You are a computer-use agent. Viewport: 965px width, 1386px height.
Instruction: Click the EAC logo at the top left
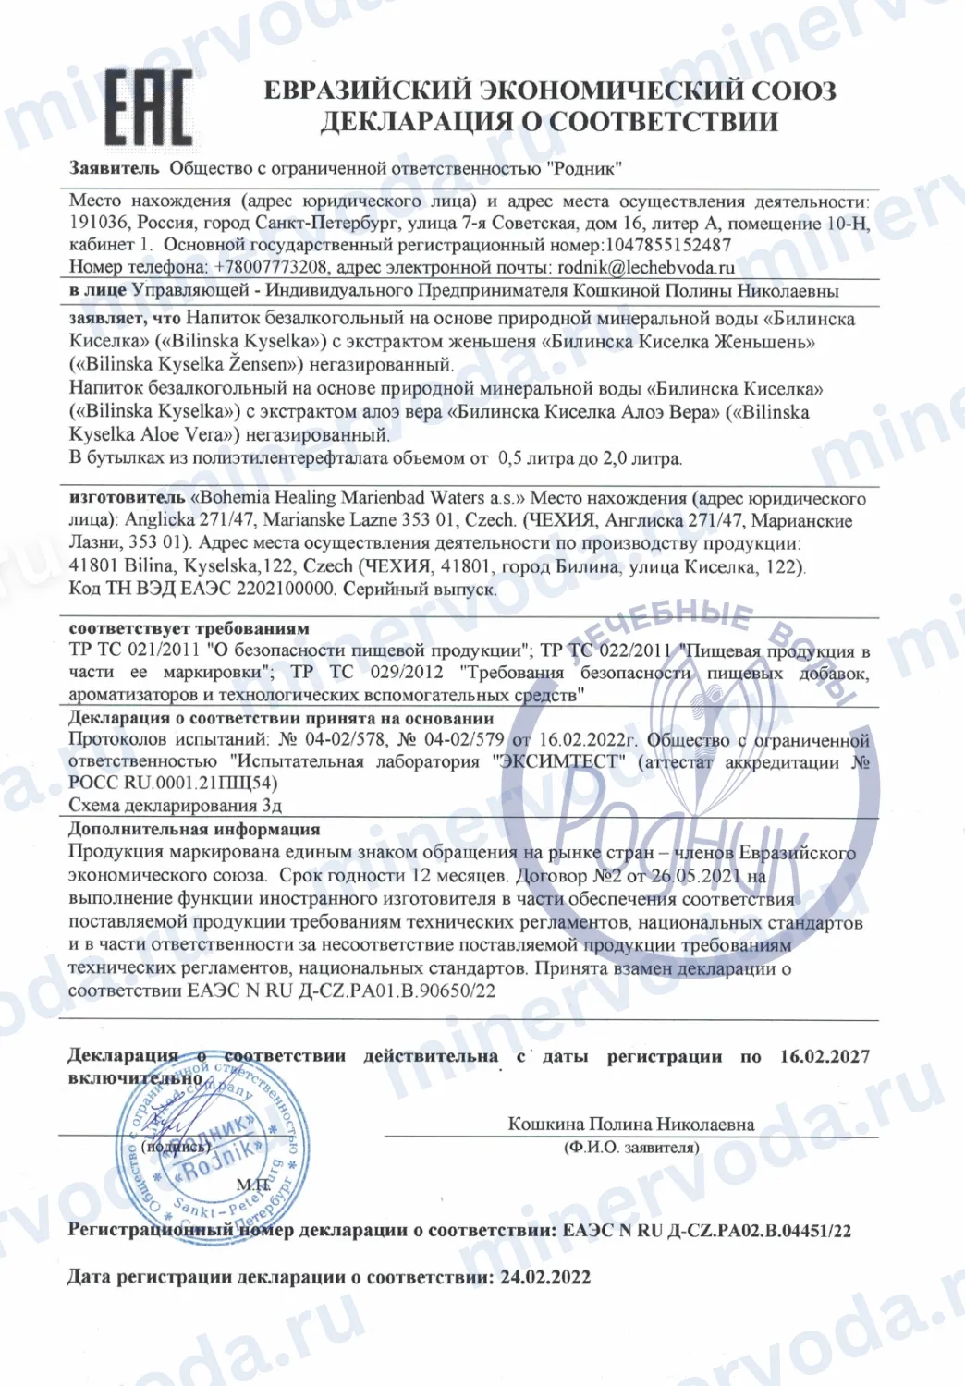(148, 107)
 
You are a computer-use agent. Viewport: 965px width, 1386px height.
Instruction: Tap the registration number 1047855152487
(667, 246)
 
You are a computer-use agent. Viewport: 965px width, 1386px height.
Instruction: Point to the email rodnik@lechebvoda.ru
(646, 268)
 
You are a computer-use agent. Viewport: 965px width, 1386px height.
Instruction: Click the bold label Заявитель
(114, 169)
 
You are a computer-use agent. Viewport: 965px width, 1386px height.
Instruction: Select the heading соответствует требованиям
(189, 629)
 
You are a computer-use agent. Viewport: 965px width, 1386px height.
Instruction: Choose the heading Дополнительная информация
(194, 829)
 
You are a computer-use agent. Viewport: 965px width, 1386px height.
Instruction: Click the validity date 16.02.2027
(825, 1056)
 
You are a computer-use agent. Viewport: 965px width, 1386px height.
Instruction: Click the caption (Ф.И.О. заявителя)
(631, 1148)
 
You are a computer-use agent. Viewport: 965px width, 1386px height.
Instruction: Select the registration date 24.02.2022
(545, 1278)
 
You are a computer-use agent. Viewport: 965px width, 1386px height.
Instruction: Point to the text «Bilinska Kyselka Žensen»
(182, 364)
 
